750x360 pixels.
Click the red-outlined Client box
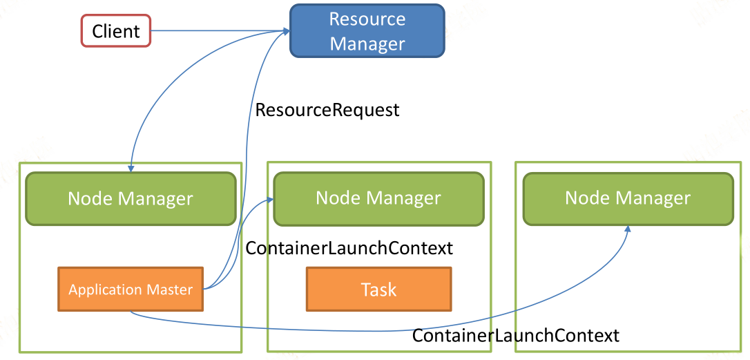(x=116, y=31)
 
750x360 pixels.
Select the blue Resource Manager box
(x=367, y=30)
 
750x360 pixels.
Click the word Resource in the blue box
(x=367, y=19)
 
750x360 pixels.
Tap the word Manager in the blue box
(x=367, y=44)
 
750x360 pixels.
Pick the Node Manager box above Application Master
(x=131, y=199)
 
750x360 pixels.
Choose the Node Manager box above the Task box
(x=378, y=199)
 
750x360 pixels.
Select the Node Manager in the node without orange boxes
(x=628, y=199)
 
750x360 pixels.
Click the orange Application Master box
(x=131, y=289)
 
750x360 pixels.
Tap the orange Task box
(x=379, y=289)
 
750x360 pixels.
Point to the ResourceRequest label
(x=327, y=110)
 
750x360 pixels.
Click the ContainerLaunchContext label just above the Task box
(x=349, y=248)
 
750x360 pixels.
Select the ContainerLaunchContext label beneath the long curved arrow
(x=516, y=335)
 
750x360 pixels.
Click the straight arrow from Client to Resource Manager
(x=220, y=31)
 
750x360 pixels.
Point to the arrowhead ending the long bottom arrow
(x=628, y=229)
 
